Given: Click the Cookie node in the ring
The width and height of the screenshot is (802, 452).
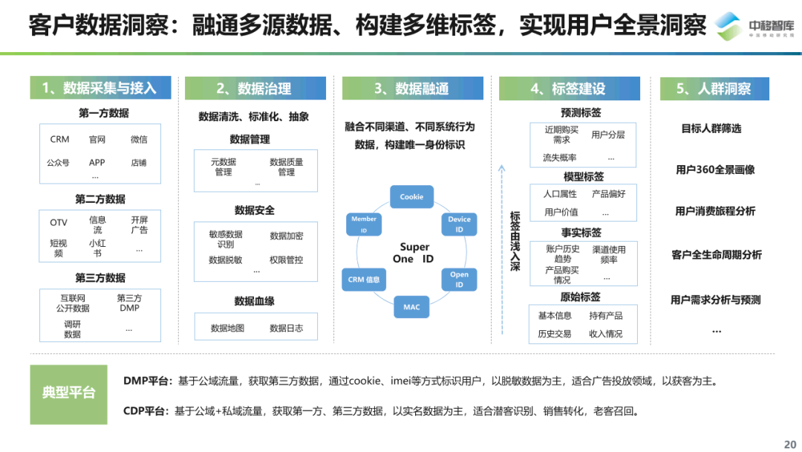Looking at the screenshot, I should point(411,197).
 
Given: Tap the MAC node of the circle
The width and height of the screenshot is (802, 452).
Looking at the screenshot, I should point(411,306).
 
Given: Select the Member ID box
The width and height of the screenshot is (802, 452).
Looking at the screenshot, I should point(364,225).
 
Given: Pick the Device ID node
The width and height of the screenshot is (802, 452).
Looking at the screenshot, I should point(459,225).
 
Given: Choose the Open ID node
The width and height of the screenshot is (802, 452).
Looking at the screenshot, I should point(459,280).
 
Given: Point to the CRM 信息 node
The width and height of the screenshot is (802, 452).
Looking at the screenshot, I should point(364,280).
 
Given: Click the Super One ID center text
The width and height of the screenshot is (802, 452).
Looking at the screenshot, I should point(414,253).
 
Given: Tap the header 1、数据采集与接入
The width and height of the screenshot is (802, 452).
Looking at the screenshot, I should point(100,88).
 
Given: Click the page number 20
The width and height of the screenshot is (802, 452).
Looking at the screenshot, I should point(789,444).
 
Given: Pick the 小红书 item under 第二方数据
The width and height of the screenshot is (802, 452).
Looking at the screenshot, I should point(97,248).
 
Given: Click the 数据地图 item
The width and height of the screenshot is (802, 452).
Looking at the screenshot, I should point(227,328).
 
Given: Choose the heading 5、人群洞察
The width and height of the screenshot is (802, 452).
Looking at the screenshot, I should point(714,88).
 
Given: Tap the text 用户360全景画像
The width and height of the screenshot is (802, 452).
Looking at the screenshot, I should point(715,169).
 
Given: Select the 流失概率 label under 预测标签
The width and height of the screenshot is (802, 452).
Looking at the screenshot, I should point(559,158).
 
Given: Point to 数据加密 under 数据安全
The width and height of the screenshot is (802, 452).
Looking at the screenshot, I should point(286,236).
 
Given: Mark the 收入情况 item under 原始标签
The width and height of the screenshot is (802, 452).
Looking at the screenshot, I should point(606,334).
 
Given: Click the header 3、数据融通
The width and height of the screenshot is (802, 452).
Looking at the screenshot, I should point(411,88).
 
